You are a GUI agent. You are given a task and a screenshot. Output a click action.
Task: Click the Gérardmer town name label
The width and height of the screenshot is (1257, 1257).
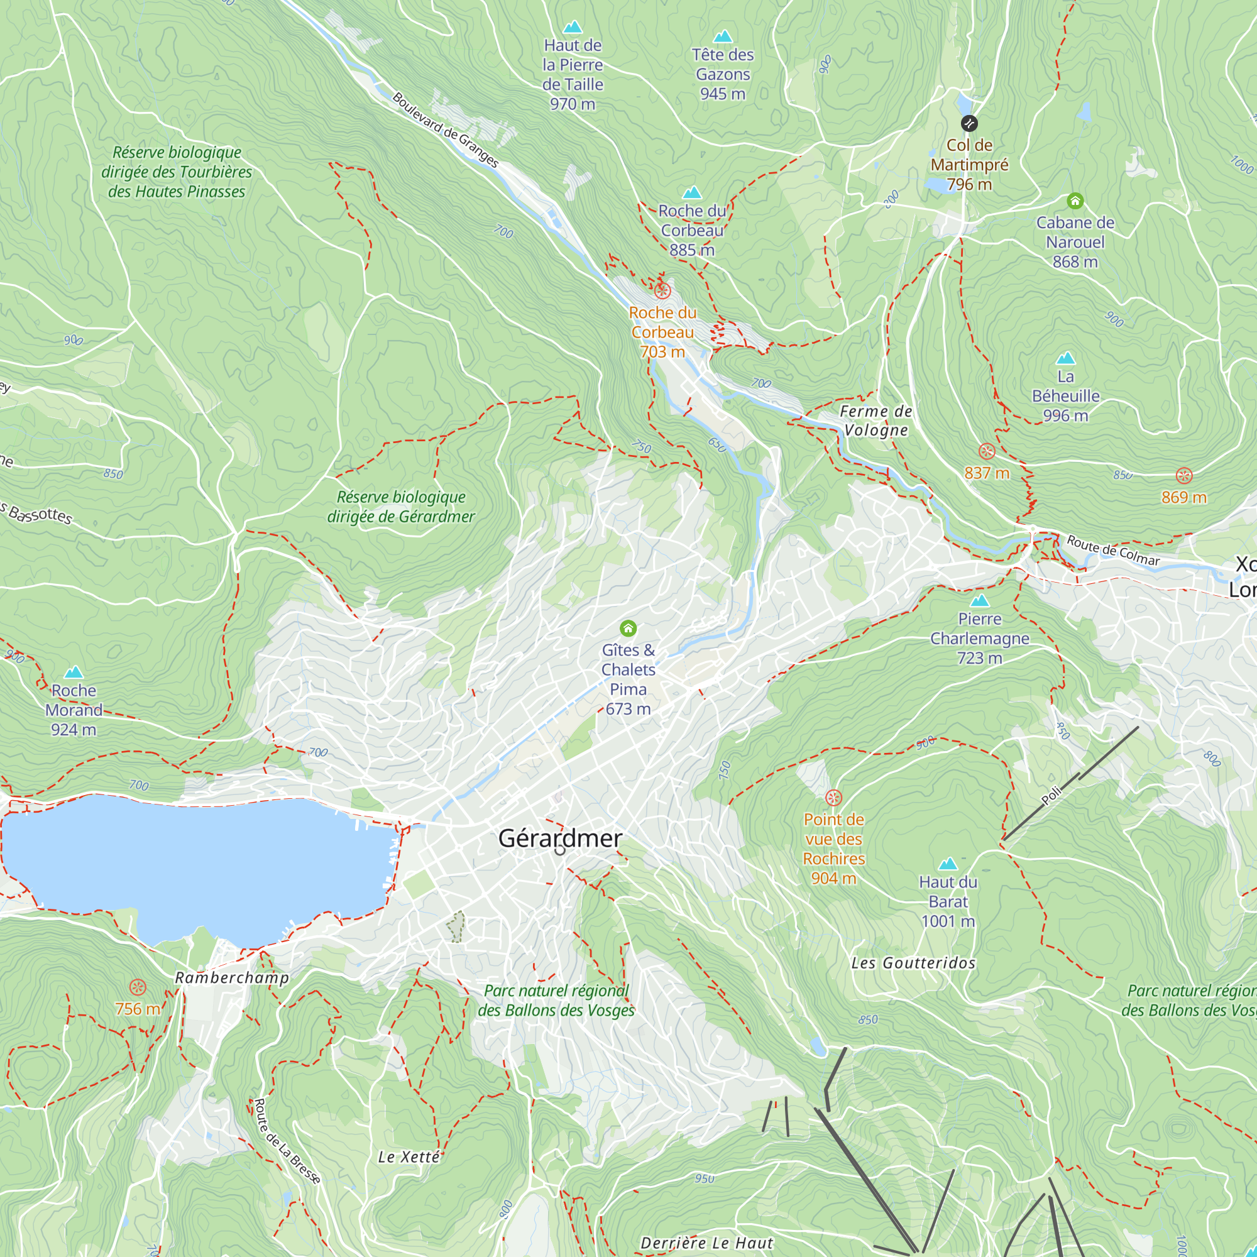560,838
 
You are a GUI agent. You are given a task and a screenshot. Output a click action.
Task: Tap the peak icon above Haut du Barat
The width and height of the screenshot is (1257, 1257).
948,864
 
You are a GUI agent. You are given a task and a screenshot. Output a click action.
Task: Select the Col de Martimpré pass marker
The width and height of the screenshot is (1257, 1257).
969,123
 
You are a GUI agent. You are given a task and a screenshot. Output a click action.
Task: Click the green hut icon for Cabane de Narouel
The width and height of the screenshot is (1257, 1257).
1075,201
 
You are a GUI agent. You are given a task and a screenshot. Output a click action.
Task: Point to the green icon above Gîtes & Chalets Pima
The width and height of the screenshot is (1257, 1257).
628,628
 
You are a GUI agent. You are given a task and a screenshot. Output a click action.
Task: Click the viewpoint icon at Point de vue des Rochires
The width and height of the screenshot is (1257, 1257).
833,798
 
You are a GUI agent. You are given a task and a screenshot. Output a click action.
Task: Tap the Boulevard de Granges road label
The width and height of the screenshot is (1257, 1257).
446,130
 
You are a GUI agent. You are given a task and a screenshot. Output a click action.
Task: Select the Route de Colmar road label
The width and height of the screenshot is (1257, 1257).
1113,551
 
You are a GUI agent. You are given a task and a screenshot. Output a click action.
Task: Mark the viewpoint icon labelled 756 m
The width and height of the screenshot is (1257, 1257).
137,987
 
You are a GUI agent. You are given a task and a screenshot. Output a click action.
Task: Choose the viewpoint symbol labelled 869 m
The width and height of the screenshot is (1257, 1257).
1183,476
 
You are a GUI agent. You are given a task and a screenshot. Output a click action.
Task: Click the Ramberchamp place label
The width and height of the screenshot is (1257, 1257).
232,978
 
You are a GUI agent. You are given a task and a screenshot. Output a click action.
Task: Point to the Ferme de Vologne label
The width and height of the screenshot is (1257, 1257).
876,420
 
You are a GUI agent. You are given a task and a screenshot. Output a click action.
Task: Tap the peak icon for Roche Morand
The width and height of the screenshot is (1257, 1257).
74,672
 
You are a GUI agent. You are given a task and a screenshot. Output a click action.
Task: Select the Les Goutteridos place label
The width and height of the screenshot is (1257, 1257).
913,963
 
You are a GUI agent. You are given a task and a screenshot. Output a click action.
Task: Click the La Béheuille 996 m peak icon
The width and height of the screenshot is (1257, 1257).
1065,358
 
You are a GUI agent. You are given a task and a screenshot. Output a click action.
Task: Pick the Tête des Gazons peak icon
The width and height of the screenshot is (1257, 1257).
722,36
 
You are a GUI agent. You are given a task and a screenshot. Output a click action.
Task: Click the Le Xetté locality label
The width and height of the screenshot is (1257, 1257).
409,1157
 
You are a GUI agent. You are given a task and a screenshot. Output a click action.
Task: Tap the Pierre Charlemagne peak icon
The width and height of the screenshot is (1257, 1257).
979,600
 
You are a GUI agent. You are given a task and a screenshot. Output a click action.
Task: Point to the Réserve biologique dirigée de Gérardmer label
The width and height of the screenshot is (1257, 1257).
401,506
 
